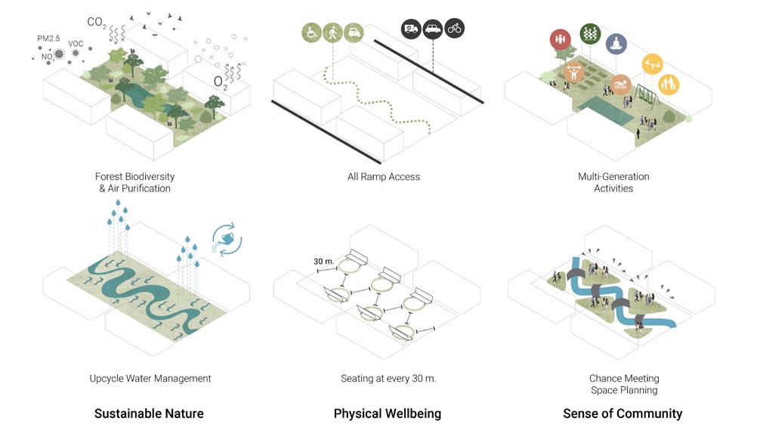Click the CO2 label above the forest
coord(97,22)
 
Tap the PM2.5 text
coord(48,38)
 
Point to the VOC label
coord(76,44)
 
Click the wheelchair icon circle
coord(311,33)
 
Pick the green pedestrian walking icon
coord(332,33)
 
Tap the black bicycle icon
coord(455,29)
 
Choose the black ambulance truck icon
coord(411,29)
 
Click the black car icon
coord(433,29)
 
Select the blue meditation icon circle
coord(616,44)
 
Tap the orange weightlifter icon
coord(573,72)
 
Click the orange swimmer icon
coord(622,85)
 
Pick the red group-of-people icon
coord(561,39)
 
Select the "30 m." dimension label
coord(323,262)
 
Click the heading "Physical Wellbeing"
coord(388,414)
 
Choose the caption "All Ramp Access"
coord(384,177)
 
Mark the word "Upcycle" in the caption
coord(108,378)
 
